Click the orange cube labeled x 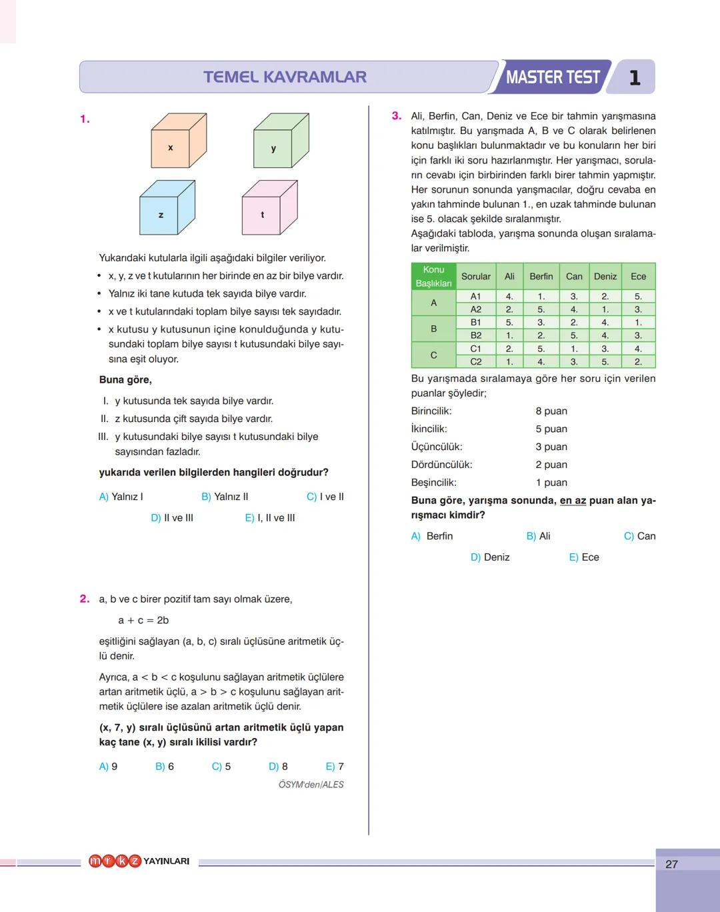point(175,143)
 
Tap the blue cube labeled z point(165,210)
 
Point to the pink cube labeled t point(267,210)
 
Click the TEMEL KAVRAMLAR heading point(285,77)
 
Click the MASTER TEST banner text point(553,77)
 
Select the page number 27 point(671,864)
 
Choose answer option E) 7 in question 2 point(335,767)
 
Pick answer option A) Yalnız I point(121,497)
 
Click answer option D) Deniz point(490,557)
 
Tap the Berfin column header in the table point(541,277)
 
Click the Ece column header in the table point(638,277)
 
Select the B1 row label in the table point(475,323)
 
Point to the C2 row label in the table point(475,362)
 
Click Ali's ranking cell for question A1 point(509,297)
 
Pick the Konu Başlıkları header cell point(433,277)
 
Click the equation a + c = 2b point(143,621)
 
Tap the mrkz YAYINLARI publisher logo point(139,861)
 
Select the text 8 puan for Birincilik point(551,411)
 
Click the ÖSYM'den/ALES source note point(311,785)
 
